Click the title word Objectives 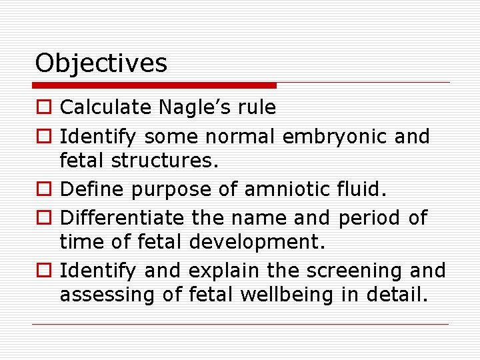coord(101,63)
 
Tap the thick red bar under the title coord(155,85)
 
